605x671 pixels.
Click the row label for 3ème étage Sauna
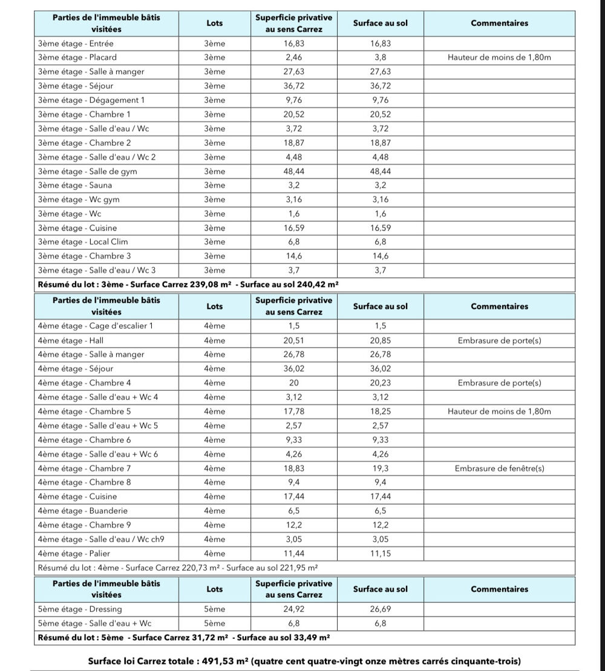point(75,186)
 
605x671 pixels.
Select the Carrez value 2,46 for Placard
point(293,57)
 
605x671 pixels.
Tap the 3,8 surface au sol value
point(380,57)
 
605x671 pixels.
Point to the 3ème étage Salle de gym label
point(87,171)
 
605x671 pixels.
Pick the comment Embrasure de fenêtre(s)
point(499,468)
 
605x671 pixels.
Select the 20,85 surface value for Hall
point(380,341)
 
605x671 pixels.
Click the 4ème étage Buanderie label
point(83,511)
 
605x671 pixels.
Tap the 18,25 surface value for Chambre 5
point(380,411)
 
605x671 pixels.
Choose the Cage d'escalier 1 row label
point(96,326)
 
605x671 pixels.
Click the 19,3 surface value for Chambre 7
point(380,468)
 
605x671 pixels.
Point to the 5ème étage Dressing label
point(80,609)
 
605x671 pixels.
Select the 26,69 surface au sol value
point(380,609)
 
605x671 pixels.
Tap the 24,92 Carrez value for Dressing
point(293,609)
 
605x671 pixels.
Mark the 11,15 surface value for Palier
point(380,554)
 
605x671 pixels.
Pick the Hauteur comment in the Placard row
point(499,57)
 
